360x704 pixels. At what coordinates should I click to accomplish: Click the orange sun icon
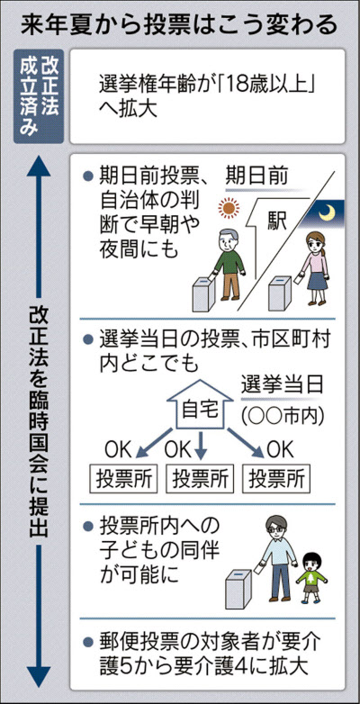(x=228, y=208)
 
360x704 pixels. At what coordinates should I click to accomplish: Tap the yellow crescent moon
(x=327, y=212)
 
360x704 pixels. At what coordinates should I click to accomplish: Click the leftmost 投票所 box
(x=124, y=480)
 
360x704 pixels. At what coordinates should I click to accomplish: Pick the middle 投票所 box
(x=200, y=480)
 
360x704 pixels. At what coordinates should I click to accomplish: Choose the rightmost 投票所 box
(x=276, y=480)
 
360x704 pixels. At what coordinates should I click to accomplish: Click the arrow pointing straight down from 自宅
(x=201, y=446)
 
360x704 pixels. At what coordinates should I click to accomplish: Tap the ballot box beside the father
(x=240, y=589)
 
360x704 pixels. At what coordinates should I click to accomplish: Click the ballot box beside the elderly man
(x=204, y=293)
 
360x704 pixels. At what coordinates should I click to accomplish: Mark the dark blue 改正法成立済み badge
(x=39, y=96)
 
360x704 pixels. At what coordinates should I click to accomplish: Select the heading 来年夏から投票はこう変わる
(x=179, y=25)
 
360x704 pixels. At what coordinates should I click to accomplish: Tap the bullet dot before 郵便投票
(x=88, y=641)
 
